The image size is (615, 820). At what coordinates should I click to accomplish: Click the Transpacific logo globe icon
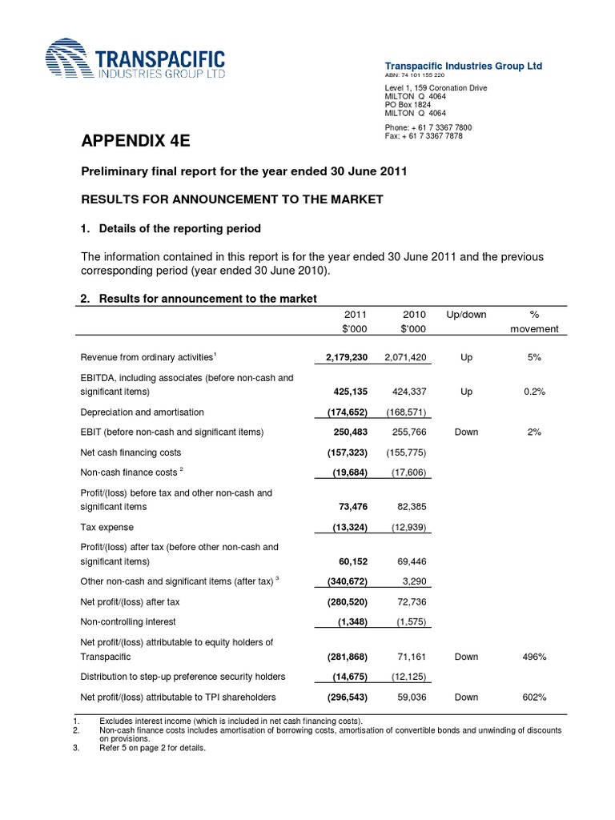pos(68,62)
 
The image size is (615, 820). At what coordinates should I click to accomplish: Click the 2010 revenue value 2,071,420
pos(403,356)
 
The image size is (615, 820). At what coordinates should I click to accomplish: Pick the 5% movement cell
pos(534,356)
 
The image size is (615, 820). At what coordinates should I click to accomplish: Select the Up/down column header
pos(466,315)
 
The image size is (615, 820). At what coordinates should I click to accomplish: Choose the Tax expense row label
pos(107,527)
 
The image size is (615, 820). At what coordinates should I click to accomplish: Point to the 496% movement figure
pos(534,657)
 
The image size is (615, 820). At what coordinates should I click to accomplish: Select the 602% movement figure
pos(534,697)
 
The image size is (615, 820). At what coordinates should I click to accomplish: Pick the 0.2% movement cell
pos(534,392)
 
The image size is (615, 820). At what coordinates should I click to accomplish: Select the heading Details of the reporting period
pos(179,229)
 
